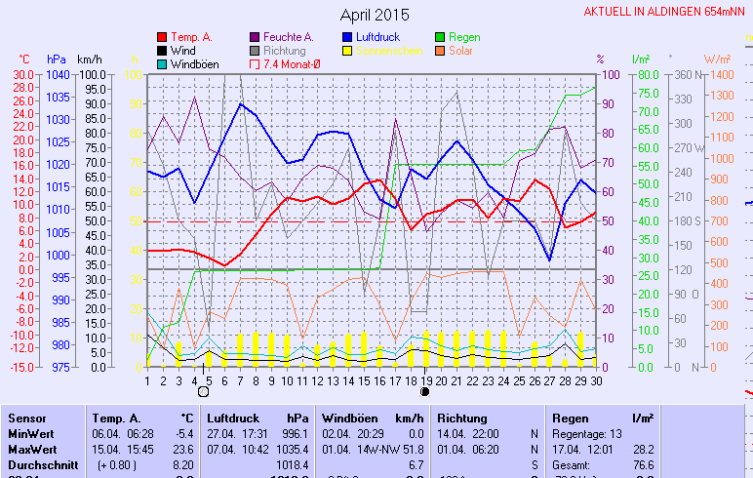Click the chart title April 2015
tap(376, 15)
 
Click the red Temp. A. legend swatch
tap(162, 37)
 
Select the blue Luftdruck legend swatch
tap(347, 37)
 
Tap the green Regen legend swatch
tap(442, 37)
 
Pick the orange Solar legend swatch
tap(442, 51)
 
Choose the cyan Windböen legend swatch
tap(162, 64)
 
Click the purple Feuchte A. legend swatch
tap(255, 37)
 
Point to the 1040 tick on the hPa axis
tap(57, 74)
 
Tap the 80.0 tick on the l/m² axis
tap(646, 74)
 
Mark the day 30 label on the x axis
tap(595, 380)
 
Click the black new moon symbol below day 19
tap(424, 392)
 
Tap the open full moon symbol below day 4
tap(203, 392)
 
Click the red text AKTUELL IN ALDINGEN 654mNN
tap(667, 12)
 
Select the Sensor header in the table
tap(26, 418)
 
